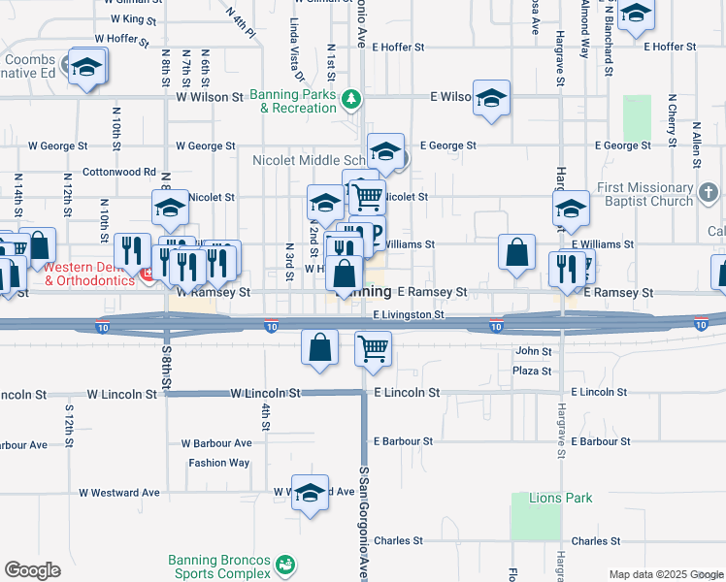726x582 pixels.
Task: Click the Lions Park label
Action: point(560,498)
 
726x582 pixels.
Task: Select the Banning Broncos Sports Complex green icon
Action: point(284,565)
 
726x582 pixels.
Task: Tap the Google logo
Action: point(32,570)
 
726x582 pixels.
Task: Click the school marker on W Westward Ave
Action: point(310,493)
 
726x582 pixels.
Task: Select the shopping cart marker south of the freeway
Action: point(373,348)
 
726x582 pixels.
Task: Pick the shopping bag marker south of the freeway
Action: point(320,347)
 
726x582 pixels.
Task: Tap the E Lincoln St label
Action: point(408,393)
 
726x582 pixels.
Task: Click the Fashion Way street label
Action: point(219,463)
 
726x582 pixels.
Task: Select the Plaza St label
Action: point(533,372)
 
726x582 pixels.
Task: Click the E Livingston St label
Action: point(409,315)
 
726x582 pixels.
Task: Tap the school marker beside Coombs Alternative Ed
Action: point(86,66)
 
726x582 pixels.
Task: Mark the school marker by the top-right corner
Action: point(636,14)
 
